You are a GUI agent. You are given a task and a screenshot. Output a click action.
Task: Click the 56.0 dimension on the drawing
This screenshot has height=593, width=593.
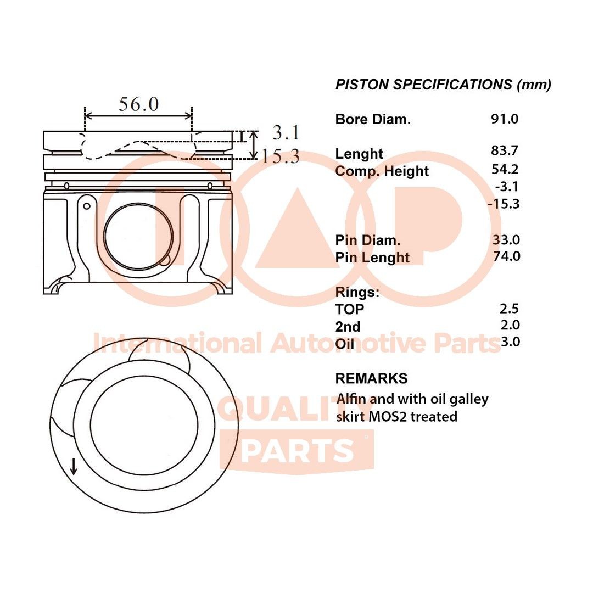click(x=138, y=104)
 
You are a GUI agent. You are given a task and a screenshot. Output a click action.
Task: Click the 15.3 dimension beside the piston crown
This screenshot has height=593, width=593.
click(x=280, y=157)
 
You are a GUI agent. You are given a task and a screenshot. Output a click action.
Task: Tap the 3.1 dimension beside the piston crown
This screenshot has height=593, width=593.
click(x=286, y=133)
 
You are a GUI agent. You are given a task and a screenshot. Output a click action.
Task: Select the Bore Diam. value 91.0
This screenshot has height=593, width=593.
click(x=505, y=119)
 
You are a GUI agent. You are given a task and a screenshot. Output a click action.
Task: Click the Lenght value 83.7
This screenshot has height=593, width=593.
click(x=505, y=150)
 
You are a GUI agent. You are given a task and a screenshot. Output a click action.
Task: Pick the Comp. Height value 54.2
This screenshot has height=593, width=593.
click(x=505, y=170)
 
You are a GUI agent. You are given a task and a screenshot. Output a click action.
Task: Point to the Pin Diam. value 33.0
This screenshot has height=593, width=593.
click(x=506, y=239)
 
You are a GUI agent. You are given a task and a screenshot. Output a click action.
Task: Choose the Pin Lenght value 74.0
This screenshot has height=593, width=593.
click(x=506, y=256)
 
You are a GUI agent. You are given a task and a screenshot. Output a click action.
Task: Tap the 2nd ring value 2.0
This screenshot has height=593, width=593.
click(x=510, y=325)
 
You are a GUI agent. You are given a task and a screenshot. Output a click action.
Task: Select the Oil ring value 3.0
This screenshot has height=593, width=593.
click(x=510, y=342)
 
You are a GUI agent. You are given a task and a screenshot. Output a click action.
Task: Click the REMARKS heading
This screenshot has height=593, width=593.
click(x=371, y=378)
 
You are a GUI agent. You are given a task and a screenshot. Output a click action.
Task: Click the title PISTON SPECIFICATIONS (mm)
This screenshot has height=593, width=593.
click(x=443, y=85)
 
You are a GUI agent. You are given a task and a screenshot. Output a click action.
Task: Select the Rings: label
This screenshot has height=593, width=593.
click(x=357, y=292)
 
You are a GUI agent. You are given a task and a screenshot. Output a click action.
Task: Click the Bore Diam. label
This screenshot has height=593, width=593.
click(x=373, y=119)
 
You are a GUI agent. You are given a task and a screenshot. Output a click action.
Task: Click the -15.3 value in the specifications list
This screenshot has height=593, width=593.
click(x=503, y=204)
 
